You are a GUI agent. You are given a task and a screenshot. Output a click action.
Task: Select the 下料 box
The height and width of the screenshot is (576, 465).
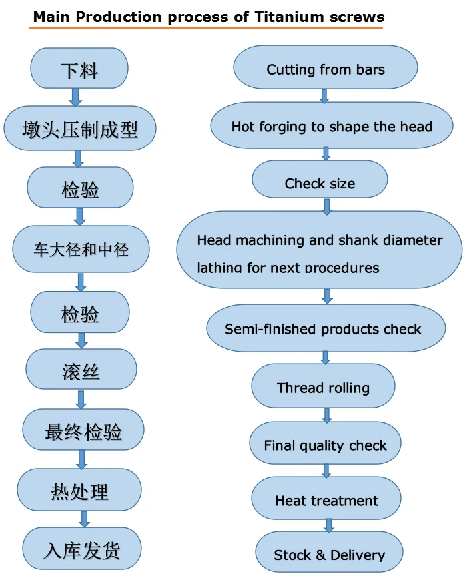click(79, 69)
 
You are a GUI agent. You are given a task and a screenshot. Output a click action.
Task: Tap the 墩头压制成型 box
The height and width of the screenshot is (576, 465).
click(80, 128)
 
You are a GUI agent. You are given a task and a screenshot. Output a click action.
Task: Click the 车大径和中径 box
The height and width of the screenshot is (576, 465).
click(81, 250)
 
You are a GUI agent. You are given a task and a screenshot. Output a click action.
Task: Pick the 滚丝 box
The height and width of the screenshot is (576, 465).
click(81, 370)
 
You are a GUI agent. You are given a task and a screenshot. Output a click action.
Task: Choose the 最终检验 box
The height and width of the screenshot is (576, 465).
click(83, 431)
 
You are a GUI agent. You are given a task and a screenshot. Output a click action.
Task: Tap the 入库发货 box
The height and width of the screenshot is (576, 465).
click(82, 549)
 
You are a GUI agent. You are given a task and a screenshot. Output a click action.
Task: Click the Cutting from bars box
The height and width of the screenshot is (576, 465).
click(326, 69)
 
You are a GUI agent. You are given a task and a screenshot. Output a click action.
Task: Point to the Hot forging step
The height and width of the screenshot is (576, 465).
click(332, 126)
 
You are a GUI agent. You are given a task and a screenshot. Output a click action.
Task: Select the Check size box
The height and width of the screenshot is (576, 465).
click(320, 183)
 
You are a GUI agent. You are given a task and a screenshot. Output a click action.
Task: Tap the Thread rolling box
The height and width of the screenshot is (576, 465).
click(323, 387)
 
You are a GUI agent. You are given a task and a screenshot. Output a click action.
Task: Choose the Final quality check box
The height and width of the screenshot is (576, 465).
click(325, 445)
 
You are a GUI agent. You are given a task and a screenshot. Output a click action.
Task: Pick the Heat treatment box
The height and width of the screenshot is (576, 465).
click(326, 500)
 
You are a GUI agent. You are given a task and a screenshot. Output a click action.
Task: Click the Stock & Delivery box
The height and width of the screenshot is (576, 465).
click(329, 554)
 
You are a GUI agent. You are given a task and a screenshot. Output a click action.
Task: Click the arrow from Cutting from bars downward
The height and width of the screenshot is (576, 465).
click(324, 95)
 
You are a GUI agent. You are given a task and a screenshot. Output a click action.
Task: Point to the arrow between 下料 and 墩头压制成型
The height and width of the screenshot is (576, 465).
click(75, 97)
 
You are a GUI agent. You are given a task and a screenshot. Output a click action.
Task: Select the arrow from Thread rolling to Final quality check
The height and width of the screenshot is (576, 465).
click(326, 416)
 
